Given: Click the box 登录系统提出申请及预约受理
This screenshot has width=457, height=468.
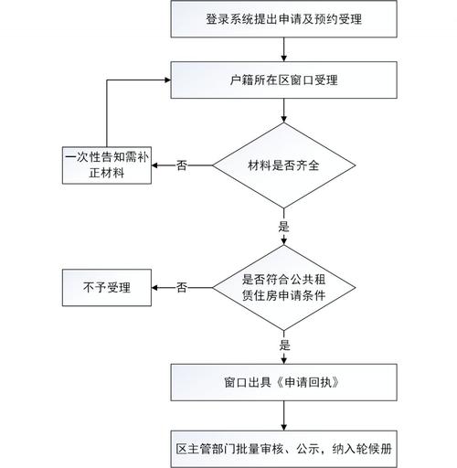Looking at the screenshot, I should coord(284,17).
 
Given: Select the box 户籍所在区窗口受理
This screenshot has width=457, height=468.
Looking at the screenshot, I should coord(284,80).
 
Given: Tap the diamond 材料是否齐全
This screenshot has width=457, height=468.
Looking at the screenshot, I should coord(284,165).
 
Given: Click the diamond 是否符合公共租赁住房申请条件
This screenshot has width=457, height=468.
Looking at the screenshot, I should coord(284,287).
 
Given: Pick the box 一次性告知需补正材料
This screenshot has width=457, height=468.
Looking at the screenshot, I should coord(107,165).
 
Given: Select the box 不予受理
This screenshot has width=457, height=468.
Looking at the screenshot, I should coord(107,287).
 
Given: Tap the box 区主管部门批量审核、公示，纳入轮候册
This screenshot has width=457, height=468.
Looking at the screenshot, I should coord(284,449).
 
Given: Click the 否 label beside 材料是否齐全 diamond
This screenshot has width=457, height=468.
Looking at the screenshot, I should coord(182,165).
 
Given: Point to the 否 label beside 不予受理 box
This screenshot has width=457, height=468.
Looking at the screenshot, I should coord(182,287).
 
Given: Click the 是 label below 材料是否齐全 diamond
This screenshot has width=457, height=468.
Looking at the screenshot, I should coord(283,225).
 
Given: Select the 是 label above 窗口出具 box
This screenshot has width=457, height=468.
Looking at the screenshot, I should coord(284,346).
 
